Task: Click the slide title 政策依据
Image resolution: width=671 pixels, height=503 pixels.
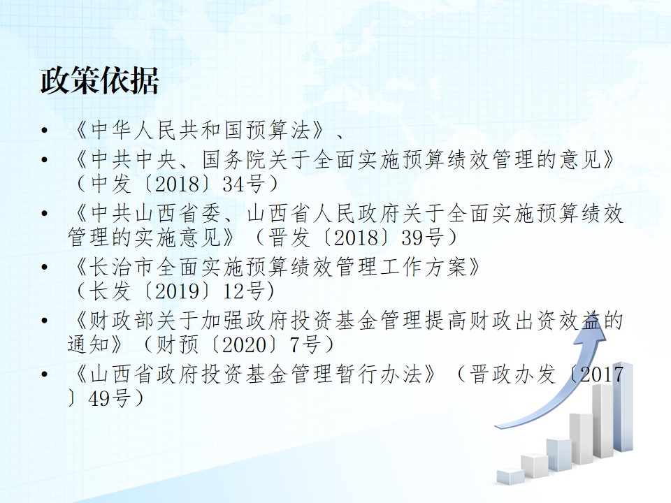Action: click(x=100, y=80)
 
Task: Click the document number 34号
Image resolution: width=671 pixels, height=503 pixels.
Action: click(x=243, y=184)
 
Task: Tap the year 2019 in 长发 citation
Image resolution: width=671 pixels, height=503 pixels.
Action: click(x=177, y=291)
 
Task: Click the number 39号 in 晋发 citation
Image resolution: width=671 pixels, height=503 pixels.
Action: click(x=422, y=238)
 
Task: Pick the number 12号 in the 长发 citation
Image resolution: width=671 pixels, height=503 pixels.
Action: click(x=243, y=291)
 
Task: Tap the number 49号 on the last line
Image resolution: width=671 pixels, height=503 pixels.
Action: click(x=109, y=398)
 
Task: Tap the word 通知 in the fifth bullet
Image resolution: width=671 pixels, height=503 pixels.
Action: click(x=89, y=344)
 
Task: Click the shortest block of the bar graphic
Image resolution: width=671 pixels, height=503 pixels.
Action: click(x=510, y=476)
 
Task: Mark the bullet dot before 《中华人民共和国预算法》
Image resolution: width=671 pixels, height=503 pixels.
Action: click(x=45, y=130)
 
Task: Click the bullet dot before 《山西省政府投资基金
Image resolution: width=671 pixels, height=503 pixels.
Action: click(x=45, y=374)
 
